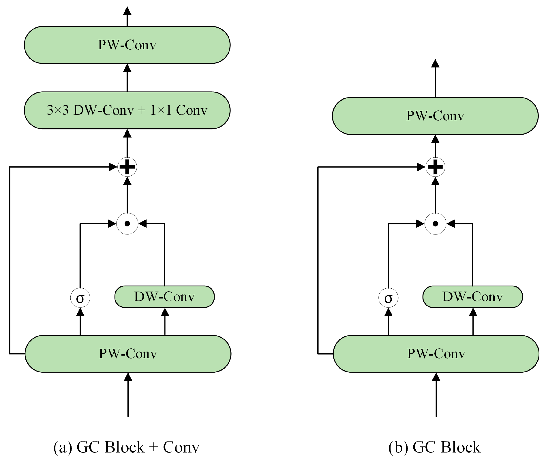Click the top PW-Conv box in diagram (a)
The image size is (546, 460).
[127, 45]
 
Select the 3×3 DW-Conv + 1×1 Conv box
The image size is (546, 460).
[127, 110]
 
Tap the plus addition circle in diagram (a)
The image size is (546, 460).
[127, 167]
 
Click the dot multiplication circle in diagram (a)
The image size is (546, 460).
[127, 224]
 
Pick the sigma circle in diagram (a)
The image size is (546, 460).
[80, 298]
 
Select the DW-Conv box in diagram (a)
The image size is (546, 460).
[164, 297]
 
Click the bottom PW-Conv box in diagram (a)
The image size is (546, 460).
[128, 354]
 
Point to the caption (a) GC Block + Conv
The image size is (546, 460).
[126, 447]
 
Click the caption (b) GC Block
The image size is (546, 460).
[435, 447]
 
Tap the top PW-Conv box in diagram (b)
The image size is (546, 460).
[435, 116]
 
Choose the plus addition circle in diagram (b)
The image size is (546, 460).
[435, 167]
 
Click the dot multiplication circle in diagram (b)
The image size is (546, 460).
[436, 224]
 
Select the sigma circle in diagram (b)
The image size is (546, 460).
[389, 298]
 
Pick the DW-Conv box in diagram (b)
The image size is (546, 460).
[472, 297]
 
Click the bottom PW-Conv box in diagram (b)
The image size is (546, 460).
[436, 354]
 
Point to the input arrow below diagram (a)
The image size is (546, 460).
[128, 395]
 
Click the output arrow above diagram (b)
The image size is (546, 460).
[435, 78]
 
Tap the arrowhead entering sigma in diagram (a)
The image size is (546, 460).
[80, 312]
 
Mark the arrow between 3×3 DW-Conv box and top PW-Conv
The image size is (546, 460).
[127, 78]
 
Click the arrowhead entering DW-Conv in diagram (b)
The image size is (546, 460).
[473, 312]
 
